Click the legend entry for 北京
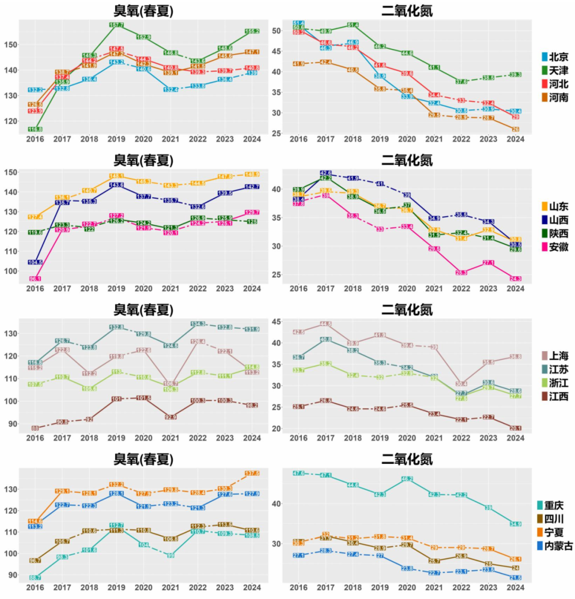(x=553, y=57)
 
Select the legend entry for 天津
(x=553, y=71)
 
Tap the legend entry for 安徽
(x=553, y=247)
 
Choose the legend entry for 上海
(x=553, y=356)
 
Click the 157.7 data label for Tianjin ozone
(x=116, y=25)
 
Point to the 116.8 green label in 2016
(x=35, y=129)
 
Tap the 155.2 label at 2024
(x=252, y=31)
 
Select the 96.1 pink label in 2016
(x=35, y=278)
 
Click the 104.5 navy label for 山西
(x=35, y=262)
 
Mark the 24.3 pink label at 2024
(x=515, y=278)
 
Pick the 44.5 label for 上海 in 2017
(x=326, y=324)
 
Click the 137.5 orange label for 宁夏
(x=252, y=473)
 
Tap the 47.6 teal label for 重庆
(x=299, y=473)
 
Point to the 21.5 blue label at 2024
(x=515, y=577)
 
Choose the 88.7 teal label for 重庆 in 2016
(x=35, y=577)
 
